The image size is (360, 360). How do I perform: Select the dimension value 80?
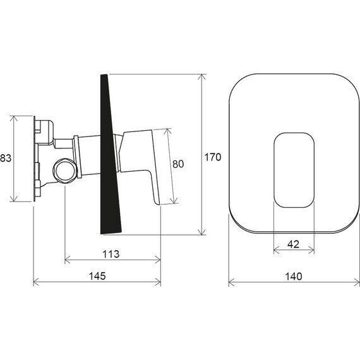[177, 164]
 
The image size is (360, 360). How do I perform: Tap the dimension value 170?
[213, 157]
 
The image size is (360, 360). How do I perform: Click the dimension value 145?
[96, 276]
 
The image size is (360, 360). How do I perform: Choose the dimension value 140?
[294, 276]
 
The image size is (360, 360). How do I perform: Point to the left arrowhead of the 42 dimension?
[276, 251]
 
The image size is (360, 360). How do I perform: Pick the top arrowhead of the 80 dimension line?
[169, 131]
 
